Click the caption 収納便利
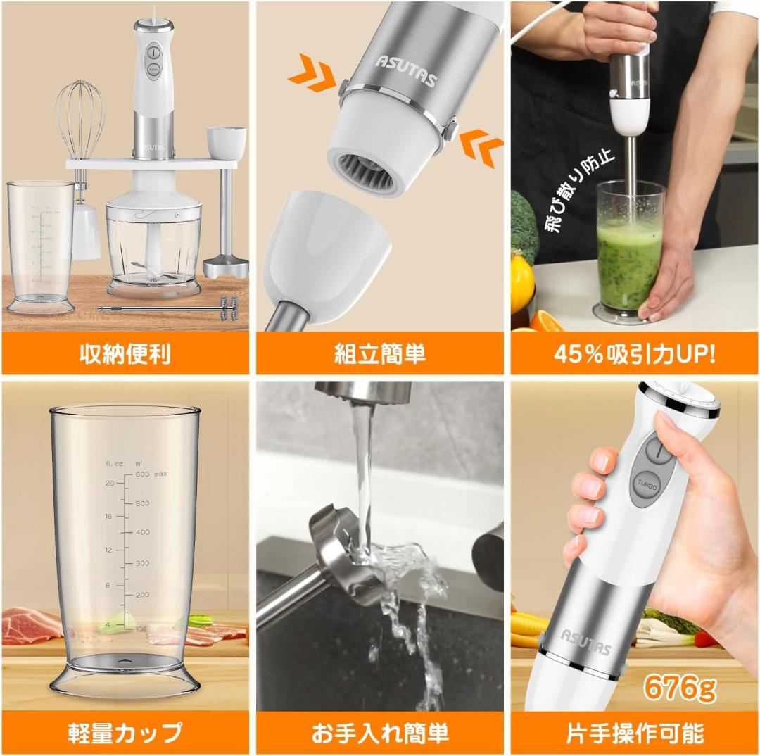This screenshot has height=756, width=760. point(125,353)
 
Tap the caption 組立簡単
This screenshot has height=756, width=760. point(380,353)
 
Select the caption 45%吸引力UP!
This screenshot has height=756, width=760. point(634,353)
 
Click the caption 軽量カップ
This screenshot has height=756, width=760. point(125,732)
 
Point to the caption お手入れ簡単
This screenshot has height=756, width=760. point(380,732)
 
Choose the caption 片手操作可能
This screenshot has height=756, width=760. point(634,732)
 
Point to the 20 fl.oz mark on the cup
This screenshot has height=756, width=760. point(110,483)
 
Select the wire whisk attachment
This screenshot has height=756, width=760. point(76,120)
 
